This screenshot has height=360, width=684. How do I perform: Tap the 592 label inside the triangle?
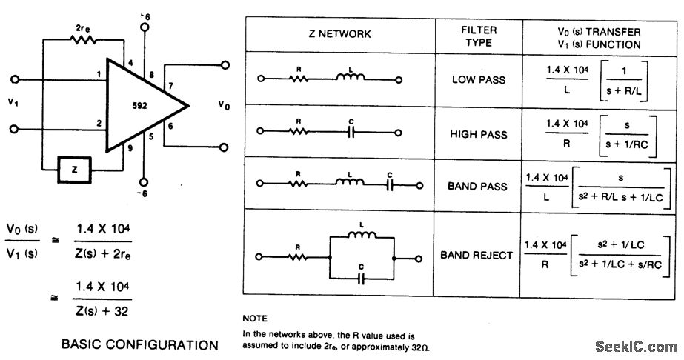pos(140,105)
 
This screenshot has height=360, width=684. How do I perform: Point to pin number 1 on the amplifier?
pos(98,73)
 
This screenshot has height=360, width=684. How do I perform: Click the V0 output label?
pos(224,105)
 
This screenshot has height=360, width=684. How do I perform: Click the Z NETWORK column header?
pos(339,34)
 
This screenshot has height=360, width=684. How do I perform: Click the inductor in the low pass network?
pos(348,77)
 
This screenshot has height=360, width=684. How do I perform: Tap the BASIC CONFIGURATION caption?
pos(139,344)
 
